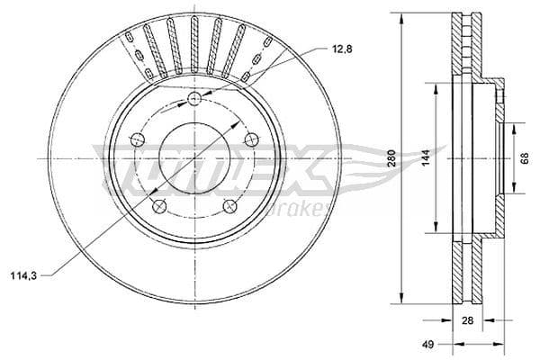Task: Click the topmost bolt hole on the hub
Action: point(194,100)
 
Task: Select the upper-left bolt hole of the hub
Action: point(138,139)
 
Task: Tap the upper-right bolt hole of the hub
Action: point(251,139)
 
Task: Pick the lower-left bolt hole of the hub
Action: point(159,205)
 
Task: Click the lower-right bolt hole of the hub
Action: point(229,205)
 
